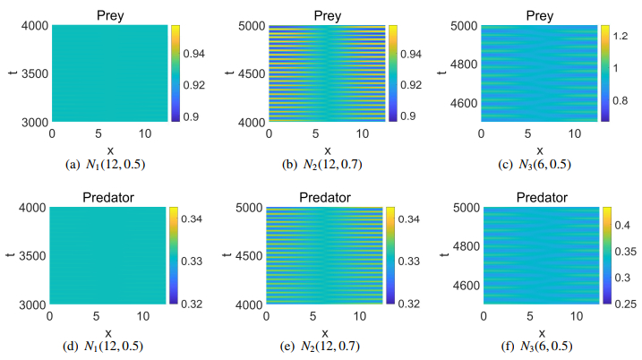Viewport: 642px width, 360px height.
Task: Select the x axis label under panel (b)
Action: (327, 150)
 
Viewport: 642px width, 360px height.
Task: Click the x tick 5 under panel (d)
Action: (107, 318)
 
